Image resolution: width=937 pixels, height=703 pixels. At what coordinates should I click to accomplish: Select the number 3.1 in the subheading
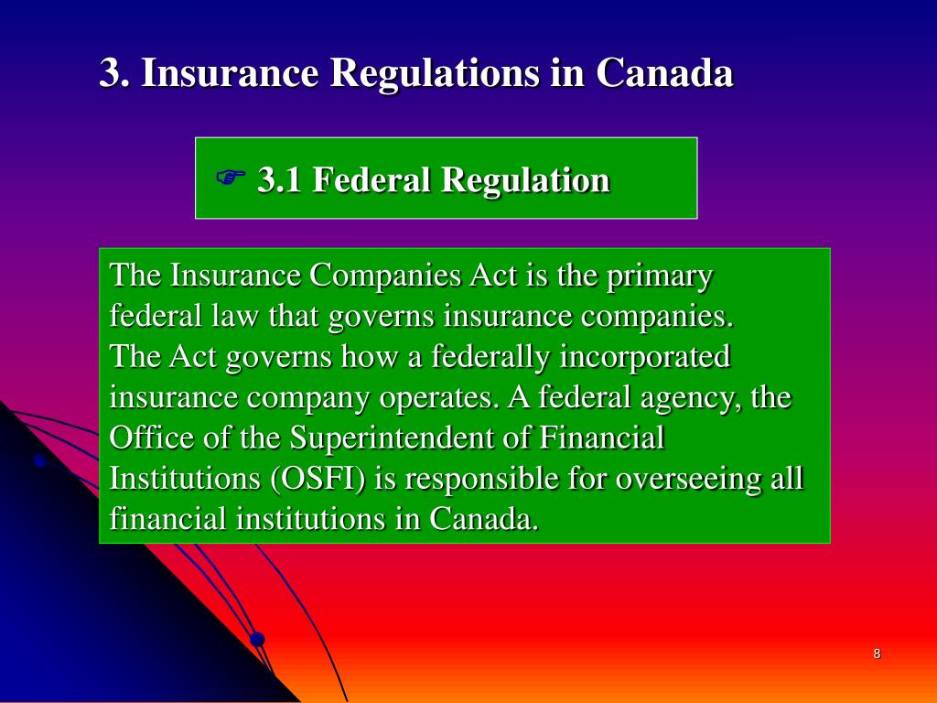pyautogui.click(x=279, y=179)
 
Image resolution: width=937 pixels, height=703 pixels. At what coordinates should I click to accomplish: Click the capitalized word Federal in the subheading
pyautogui.click(x=372, y=179)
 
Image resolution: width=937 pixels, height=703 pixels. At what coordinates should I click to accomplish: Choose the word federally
pyautogui.click(x=490, y=357)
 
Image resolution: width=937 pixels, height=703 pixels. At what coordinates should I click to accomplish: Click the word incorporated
pyautogui.click(x=645, y=357)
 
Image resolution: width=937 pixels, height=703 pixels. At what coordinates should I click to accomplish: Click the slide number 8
pyautogui.click(x=877, y=654)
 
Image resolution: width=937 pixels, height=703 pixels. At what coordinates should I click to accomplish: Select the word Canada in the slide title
pyautogui.click(x=664, y=74)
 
